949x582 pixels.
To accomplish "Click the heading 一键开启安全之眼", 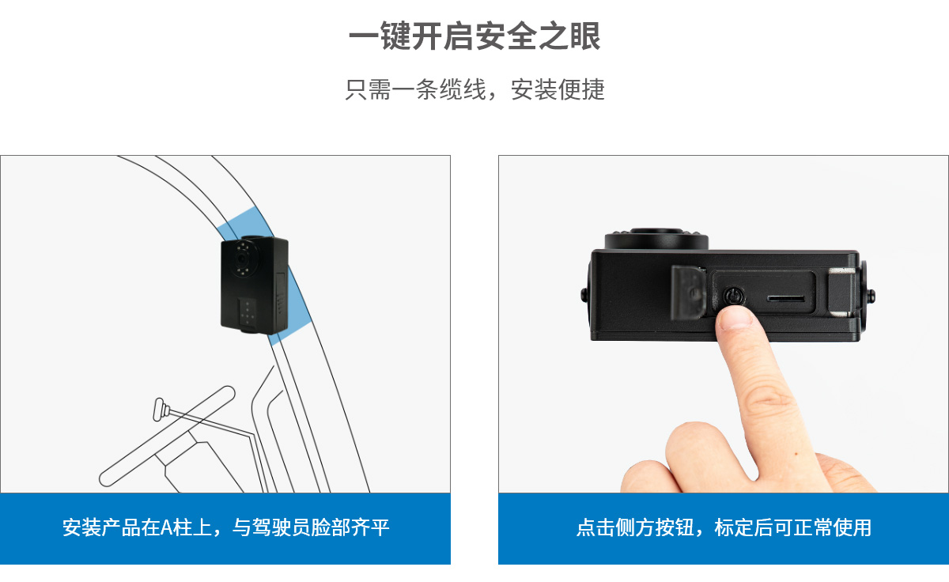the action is pos(475,36).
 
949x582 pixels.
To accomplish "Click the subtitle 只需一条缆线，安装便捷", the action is pos(475,89).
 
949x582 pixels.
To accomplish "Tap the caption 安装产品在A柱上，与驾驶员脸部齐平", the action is pos(226,527).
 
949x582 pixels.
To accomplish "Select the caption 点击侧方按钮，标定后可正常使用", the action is pos(724,527).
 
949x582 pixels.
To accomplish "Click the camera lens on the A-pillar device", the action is pos(242,259).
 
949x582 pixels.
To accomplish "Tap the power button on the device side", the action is pos(733,295).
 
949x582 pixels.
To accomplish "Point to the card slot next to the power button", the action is pos(786,298).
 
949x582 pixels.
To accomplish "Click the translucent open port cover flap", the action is pos(688,293).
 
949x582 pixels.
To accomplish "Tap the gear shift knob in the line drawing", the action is pos(160,409).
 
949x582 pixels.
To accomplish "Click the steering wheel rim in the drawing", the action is pos(167,436).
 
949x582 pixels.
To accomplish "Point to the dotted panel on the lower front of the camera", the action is pos(247,312).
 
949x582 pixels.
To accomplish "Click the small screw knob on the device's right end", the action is pos(871,296).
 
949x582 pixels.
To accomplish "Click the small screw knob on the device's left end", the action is pos(584,295).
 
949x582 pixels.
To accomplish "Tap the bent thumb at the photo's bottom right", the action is pos(843,474).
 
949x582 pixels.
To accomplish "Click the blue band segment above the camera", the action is pos(244,222).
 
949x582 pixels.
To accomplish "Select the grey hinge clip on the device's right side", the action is pos(841,293).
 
